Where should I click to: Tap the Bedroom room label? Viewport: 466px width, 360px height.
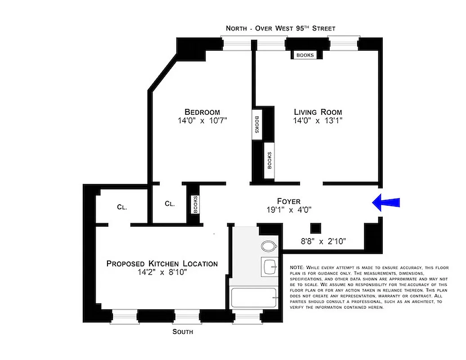pyautogui.click(x=202, y=112)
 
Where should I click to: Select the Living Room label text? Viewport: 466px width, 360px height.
pyautogui.click(x=318, y=112)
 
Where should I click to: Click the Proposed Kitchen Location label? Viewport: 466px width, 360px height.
pyautogui.click(x=162, y=264)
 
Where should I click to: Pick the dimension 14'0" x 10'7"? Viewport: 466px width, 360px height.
pyautogui.click(x=202, y=121)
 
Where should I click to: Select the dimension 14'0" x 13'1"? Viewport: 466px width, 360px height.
pyautogui.click(x=318, y=121)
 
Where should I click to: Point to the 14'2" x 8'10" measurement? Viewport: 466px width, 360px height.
pyautogui.click(x=162, y=272)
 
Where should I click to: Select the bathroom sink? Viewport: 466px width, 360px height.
pyautogui.click(x=270, y=266)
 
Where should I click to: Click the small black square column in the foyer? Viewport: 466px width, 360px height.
pyautogui.click(x=316, y=228)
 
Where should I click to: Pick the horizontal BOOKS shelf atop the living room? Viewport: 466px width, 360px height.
pyautogui.click(x=305, y=55)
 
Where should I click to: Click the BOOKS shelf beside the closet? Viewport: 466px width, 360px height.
pyautogui.click(x=195, y=204)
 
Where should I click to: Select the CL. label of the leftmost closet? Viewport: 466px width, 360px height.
pyautogui.click(x=122, y=207)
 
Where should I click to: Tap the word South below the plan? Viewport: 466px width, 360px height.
pyautogui.click(x=183, y=332)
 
